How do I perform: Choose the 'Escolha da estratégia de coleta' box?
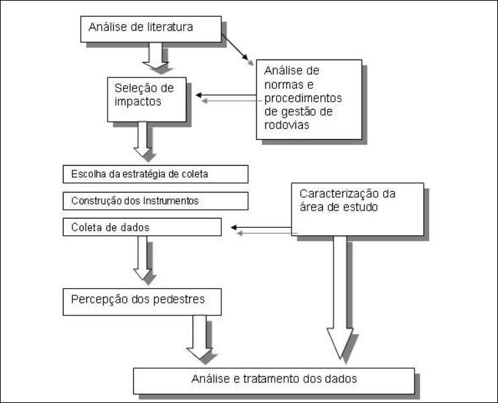[156, 175]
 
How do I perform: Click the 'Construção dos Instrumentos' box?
[156, 200]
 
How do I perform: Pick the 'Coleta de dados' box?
[142, 227]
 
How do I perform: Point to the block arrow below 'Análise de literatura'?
[158, 56]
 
